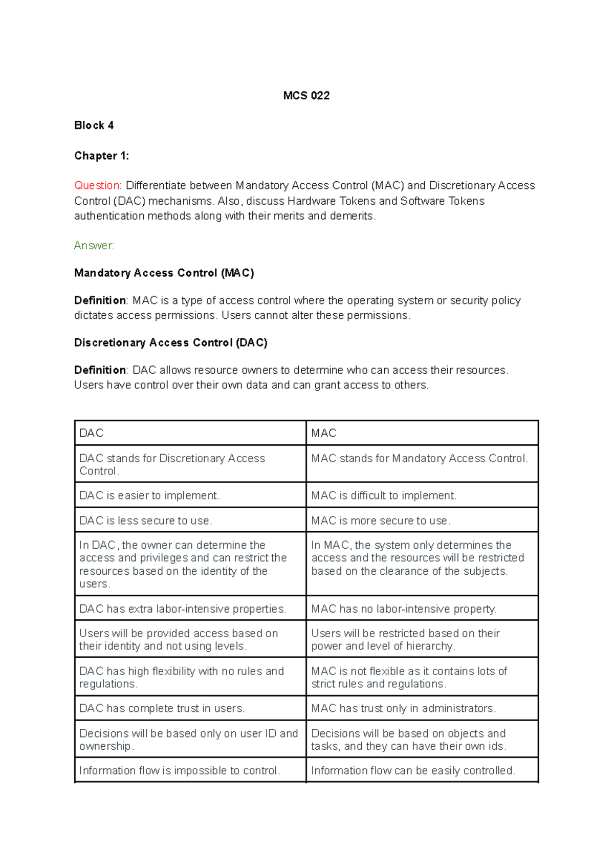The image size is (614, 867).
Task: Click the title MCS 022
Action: click(306, 96)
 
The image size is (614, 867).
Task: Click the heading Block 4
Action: click(94, 125)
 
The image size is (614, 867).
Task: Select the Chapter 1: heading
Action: click(101, 156)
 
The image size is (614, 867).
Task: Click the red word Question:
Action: click(98, 185)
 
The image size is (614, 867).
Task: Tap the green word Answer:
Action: click(94, 246)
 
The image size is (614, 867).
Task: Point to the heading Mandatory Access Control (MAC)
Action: click(164, 273)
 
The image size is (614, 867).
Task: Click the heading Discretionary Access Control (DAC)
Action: click(170, 342)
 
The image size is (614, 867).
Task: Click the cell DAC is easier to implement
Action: click(149, 495)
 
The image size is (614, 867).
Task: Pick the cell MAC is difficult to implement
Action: click(384, 495)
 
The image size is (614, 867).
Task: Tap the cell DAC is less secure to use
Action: click(145, 521)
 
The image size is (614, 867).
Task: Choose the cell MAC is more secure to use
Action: click(381, 521)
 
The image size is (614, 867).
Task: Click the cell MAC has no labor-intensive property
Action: click(404, 609)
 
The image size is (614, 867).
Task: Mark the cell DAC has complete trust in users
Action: click(162, 708)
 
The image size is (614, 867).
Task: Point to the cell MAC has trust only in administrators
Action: click(403, 708)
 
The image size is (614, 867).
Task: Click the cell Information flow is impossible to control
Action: click(180, 770)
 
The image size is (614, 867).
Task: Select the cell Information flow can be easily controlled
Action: click(413, 770)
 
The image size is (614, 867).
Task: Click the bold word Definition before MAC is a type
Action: click(100, 300)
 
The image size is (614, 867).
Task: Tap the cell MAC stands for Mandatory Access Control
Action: click(419, 459)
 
